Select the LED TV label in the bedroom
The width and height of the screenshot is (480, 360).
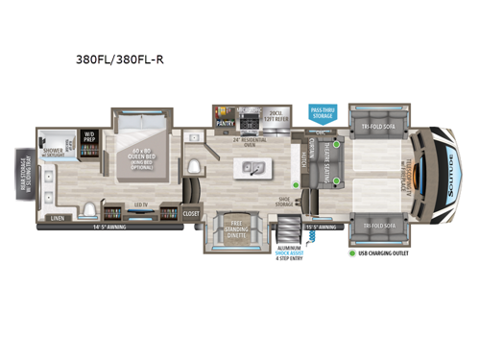[x=139, y=204]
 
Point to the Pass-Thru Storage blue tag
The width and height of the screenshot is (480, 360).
[x=323, y=114]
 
